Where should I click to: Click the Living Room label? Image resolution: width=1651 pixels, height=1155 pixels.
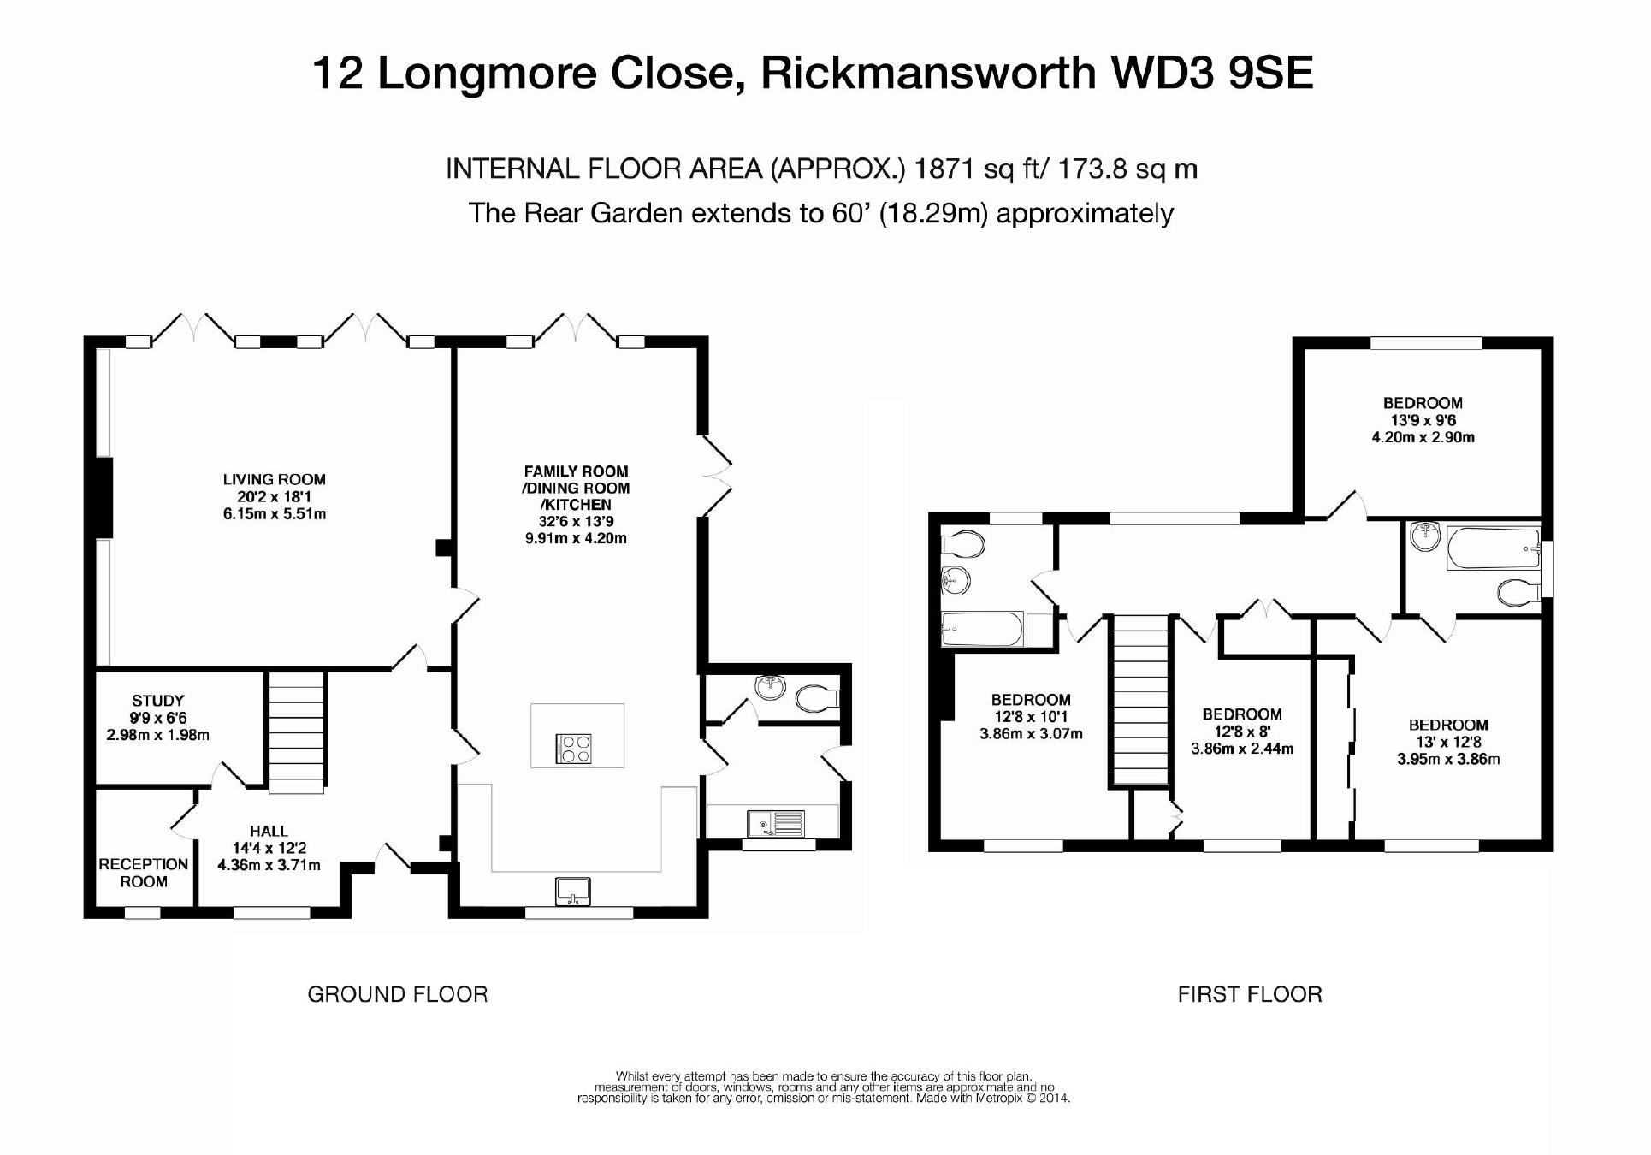(274, 480)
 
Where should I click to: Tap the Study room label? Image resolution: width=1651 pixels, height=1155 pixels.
(158, 701)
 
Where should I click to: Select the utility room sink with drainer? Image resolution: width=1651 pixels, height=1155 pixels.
(775, 823)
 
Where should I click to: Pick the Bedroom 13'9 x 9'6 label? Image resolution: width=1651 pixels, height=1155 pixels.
(1423, 403)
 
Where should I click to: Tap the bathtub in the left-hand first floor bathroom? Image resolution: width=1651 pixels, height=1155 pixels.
(981, 629)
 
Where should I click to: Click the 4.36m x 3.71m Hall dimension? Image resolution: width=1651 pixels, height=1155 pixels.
(269, 865)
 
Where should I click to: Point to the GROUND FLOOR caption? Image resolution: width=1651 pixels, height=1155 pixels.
(398, 994)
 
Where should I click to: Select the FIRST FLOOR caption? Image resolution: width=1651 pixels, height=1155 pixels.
(1250, 994)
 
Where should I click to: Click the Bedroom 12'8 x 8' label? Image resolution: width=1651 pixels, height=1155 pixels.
(1241, 714)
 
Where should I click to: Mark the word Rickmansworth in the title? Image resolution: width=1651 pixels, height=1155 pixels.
(928, 73)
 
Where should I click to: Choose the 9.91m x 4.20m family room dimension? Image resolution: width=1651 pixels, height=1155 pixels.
(576, 538)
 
